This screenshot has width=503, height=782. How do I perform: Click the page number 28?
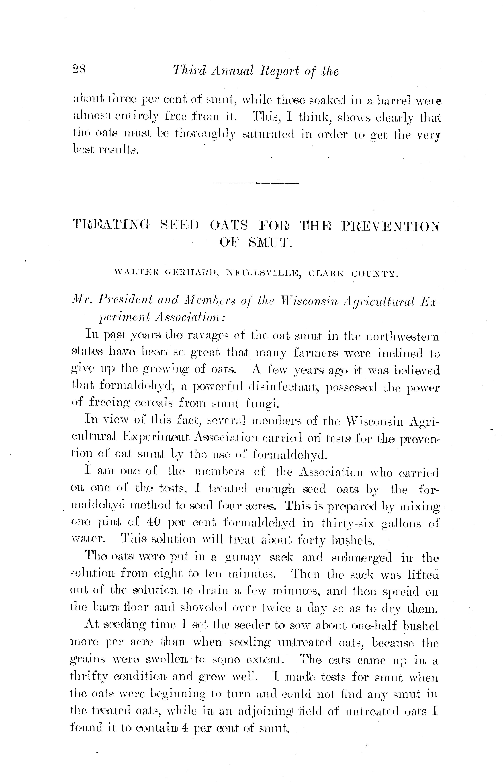point(78,70)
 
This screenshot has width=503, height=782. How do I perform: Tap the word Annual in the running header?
point(232,71)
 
